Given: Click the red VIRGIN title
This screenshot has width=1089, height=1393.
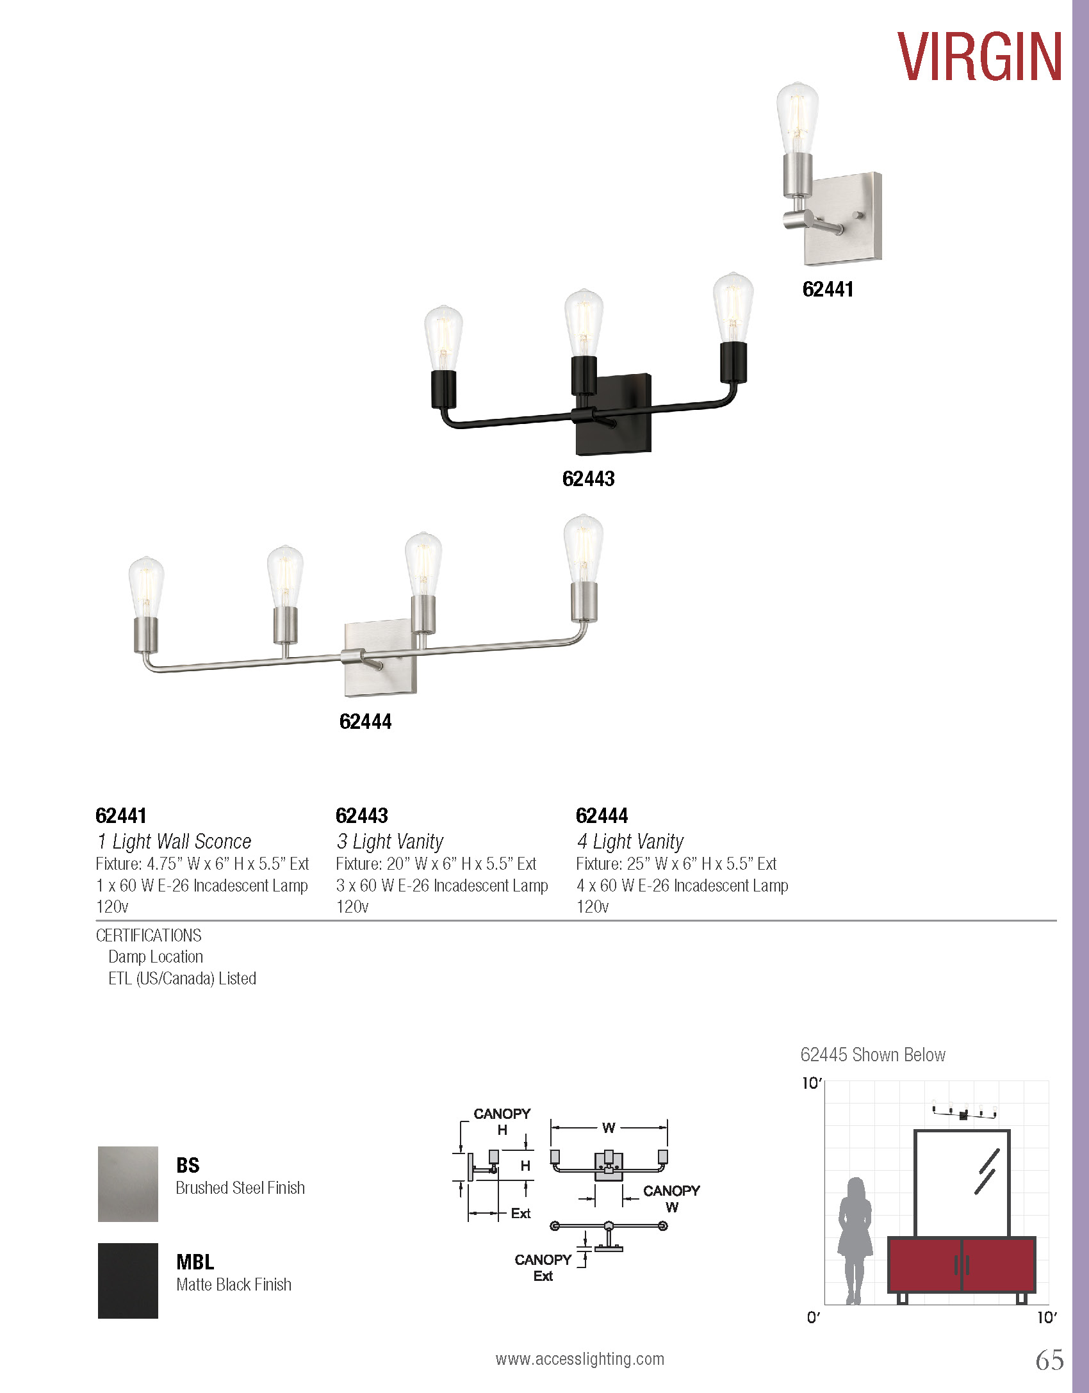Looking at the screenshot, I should click(979, 57).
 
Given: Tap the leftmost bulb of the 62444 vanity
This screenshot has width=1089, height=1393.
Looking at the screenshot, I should click(146, 586).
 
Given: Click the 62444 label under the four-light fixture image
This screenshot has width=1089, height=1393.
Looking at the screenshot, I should click(365, 722).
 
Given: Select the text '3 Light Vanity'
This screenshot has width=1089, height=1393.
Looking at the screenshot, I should click(389, 841).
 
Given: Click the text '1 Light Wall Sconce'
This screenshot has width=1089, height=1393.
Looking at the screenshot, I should click(174, 841).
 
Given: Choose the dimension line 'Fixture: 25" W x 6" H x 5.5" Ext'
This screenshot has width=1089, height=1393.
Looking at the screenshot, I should click(676, 864).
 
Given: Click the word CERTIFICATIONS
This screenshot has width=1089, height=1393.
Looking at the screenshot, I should click(149, 936).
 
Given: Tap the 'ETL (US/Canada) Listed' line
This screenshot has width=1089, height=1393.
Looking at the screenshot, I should click(182, 979).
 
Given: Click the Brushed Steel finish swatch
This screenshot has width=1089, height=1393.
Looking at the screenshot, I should click(127, 1184).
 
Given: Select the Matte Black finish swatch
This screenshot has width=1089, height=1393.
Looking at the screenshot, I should click(127, 1280).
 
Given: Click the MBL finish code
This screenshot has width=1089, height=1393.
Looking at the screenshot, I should click(195, 1262).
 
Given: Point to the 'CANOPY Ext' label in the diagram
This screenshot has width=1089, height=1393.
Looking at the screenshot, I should click(543, 1267).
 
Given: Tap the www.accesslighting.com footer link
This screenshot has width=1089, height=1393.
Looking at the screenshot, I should click(580, 1359).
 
